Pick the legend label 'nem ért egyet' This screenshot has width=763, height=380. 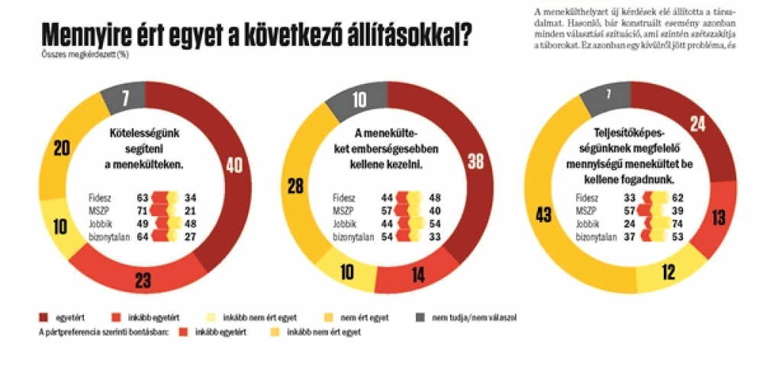click(367, 317)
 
